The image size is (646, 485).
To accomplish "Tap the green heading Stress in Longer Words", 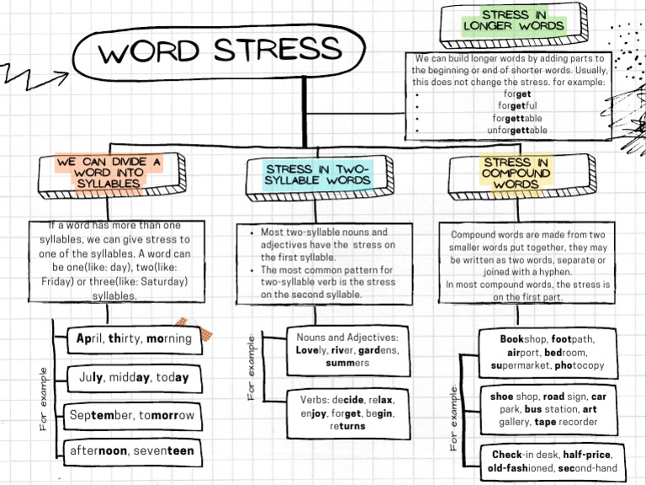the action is pyautogui.click(x=513, y=20).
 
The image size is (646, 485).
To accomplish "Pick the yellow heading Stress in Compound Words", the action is pyautogui.click(x=516, y=172).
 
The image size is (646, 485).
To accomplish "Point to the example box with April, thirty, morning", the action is pyautogui.click(x=135, y=339).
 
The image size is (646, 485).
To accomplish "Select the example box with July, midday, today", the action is pyautogui.click(x=135, y=377).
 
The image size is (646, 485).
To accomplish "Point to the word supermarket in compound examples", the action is pyautogui.click(x=520, y=366).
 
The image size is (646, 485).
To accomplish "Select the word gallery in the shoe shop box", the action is pyautogui.click(x=504, y=422).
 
